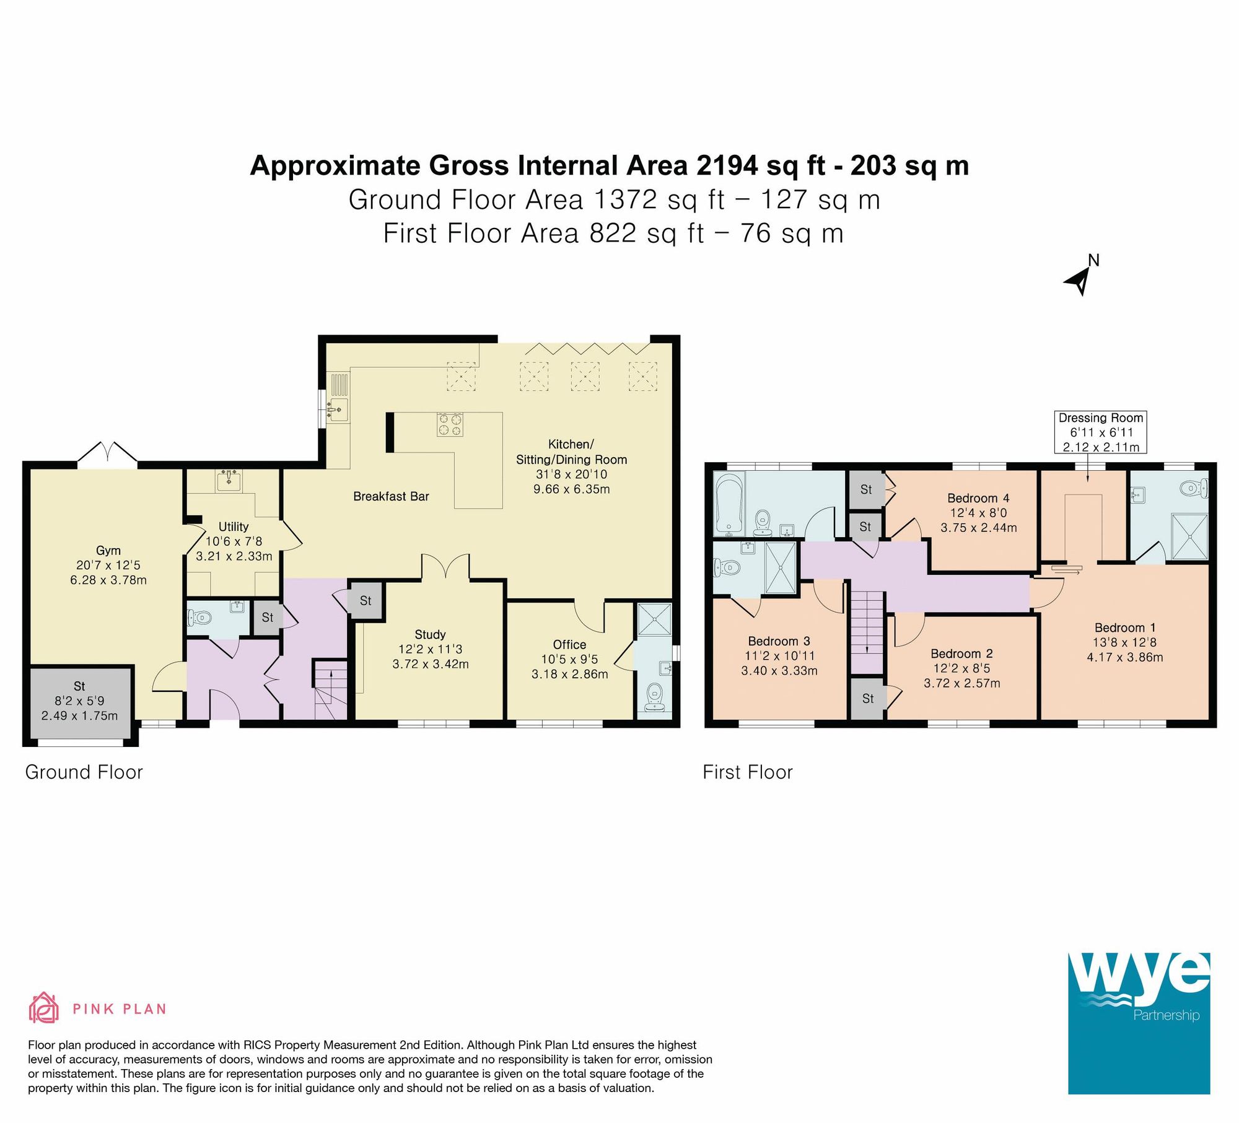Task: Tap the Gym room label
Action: (x=108, y=550)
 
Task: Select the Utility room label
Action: (x=234, y=527)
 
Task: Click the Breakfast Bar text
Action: (x=391, y=496)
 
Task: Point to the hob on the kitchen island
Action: (x=450, y=424)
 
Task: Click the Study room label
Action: (x=430, y=634)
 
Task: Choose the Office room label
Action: (x=569, y=644)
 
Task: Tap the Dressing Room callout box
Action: (x=1100, y=432)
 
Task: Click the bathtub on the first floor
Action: (x=730, y=504)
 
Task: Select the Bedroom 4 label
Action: (x=978, y=498)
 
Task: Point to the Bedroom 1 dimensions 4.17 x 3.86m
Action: (x=1124, y=657)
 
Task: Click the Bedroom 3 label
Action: (x=779, y=641)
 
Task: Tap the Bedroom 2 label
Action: (x=961, y=653)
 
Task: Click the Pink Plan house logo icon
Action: (x=44, y=1008)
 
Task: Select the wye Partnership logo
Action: (x=1139, y=1023)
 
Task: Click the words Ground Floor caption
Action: (x=84, y=772)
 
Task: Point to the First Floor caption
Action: (x=747, y=772)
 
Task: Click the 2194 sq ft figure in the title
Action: (x=761, y=166)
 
